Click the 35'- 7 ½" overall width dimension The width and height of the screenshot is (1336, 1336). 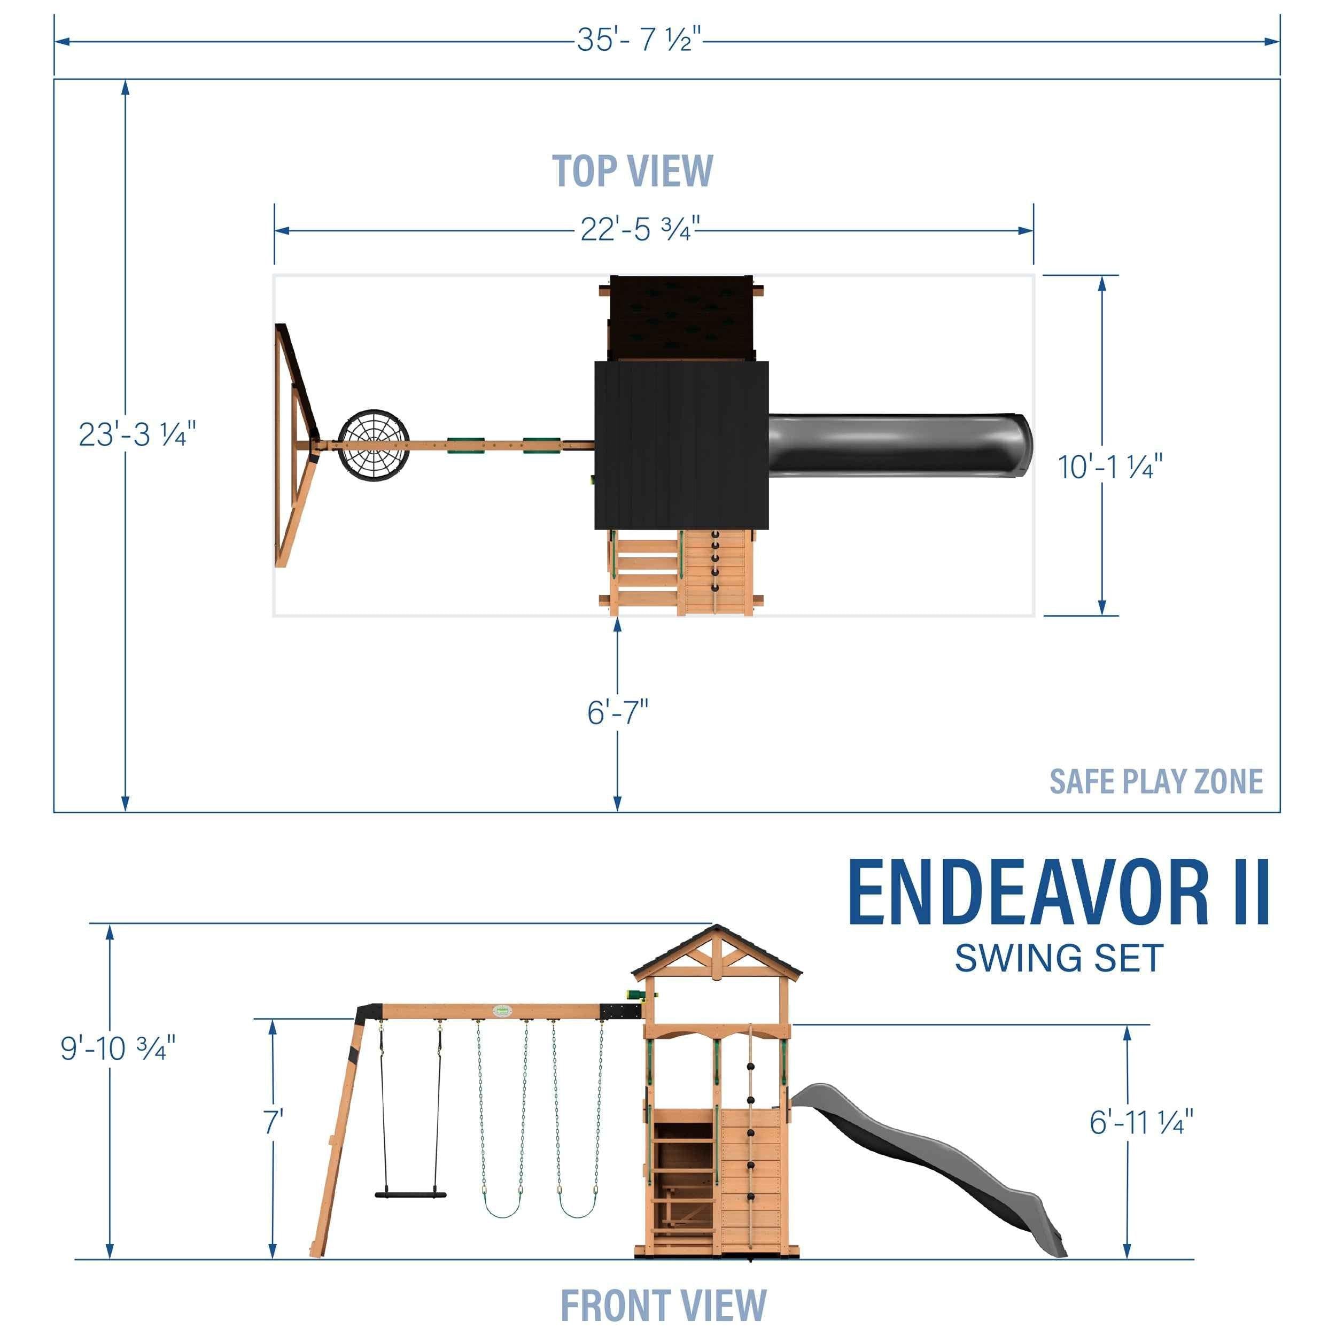(x=639, y=40)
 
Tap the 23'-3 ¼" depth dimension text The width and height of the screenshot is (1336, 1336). (x=137, y=434)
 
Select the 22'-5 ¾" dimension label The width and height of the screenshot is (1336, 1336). (x=640, y=229)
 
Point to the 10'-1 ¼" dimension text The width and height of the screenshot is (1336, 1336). (x=1110, y=467)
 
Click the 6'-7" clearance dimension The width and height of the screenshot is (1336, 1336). (x=618, y=712)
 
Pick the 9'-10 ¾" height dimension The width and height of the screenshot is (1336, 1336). (x=118, y=1048)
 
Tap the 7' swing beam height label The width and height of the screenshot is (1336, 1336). (x=274, y=1122)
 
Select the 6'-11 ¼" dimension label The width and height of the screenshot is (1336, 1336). (x=1141, y=1122)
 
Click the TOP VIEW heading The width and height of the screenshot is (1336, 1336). (x=632, y=171)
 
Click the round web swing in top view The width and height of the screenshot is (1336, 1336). (x=374, y=446)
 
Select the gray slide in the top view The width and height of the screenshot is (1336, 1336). (x=899, y=445)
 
